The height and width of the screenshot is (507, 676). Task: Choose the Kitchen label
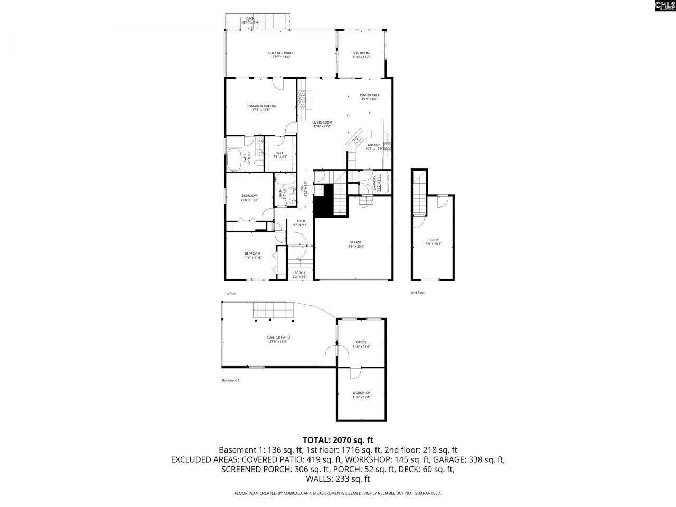(x=374, y=146)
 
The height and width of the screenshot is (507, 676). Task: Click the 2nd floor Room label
(x=433, y=241)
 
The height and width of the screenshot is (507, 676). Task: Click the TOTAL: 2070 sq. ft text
(x=338, y=439)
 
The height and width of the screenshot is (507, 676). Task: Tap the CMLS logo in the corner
(x=664, y=6)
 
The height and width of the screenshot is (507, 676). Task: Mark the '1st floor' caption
(x=230, y=293)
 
